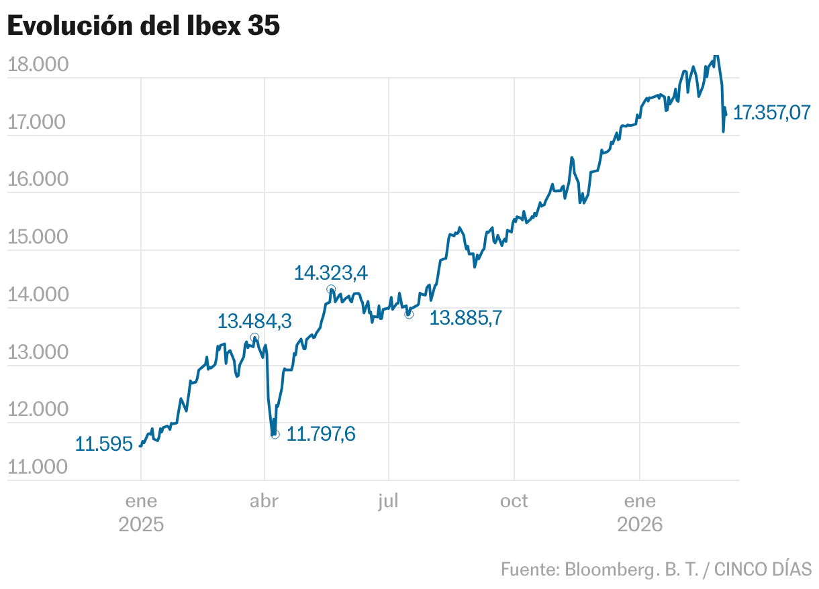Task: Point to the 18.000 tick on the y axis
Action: click(38, 65)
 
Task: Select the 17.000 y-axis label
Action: click(38, 123)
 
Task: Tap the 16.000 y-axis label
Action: click(38, 180)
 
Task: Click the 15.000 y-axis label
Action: click(38, 237)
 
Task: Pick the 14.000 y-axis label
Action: click(38, 295)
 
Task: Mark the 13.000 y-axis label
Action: click(38, 353)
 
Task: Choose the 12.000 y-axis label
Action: click(38, 410)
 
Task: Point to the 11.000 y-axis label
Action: click(38, 468)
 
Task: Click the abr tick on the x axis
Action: click(264, 501)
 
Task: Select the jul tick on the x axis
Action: click(389, 501)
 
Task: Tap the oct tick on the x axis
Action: click(514, 501)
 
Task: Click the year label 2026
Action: click(640, 524)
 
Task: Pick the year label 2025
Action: click(141, 524)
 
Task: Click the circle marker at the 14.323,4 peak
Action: click(331, 289)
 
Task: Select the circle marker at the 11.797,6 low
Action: click(275, 435)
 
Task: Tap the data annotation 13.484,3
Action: click(254, 322)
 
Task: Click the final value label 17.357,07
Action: click(771, 113)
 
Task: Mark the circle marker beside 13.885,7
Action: click(409, 314)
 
